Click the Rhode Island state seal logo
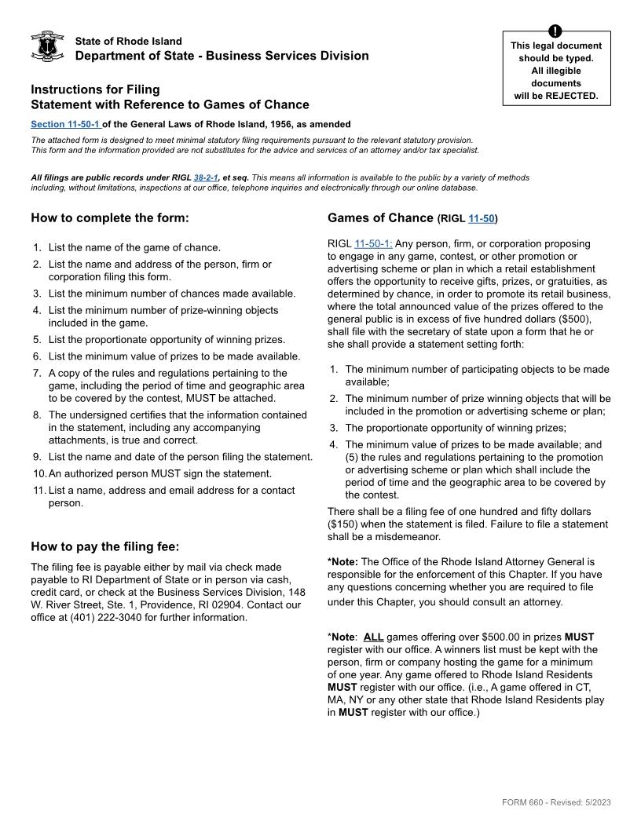click(46, 47)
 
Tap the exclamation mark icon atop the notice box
click(556, 31)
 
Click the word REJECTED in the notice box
click(573, 96)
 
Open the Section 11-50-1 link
click(65, 124)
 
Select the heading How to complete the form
click(109, 217)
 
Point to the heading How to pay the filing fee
click(104, 546)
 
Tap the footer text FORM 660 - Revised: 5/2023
click(556, 802)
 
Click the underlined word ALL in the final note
click(373, 637)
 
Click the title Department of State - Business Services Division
click(222, 56)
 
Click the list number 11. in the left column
click(38, 490)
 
